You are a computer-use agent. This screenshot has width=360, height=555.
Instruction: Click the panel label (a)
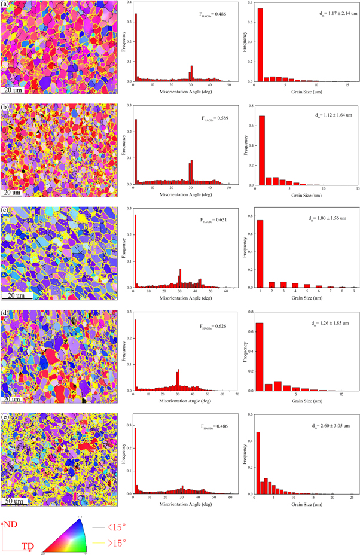coord(5,5)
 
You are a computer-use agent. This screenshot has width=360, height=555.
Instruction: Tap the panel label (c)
coord(5,211)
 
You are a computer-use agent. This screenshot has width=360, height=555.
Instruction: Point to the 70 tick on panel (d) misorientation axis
coord(237,395)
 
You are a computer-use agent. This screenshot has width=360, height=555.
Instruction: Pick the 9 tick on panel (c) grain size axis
coord(353,291)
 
